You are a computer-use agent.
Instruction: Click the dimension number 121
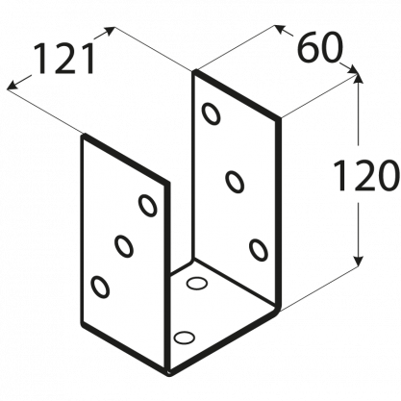[63, 59]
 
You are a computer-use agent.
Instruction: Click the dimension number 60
[319, 47]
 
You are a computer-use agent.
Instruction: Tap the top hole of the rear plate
[212, 113]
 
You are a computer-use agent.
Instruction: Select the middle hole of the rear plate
[235, 182]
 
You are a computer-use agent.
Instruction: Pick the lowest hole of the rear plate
[259, 250]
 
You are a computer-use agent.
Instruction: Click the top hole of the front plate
[148, 206]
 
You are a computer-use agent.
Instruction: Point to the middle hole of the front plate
[124, 246]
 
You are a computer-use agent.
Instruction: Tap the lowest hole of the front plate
[100, 287]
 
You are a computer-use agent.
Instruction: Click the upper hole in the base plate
[196, 284]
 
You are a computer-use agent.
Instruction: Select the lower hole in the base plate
[184, 337]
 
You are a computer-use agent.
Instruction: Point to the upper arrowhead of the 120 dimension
[358, 80]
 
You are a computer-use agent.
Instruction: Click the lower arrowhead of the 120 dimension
[358, 261]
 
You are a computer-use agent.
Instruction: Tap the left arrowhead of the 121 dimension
[13, 85]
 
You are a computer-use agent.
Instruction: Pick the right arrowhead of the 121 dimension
[109, 31]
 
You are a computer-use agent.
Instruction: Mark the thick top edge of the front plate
[125, 159]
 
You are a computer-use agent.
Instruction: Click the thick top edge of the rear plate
[237, 95]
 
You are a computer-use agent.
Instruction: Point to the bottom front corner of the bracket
[169, 372]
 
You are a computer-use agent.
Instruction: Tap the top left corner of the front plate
[84, 137]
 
